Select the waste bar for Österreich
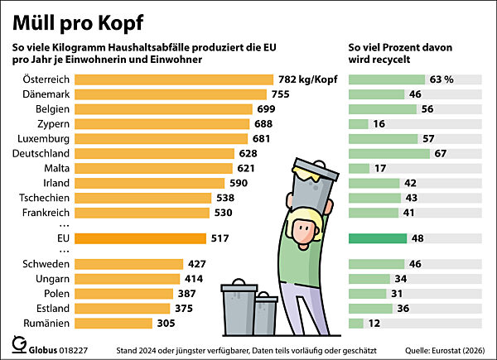tap(174, 79)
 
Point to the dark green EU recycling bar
tap(378, 238)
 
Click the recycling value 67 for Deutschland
tap(442, 154)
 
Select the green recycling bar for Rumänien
tap(357, 323)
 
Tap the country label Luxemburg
tap(40, 139)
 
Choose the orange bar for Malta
tap(151, 168)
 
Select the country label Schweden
tap(45, 264)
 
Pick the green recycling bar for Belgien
tap(382, 108)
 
